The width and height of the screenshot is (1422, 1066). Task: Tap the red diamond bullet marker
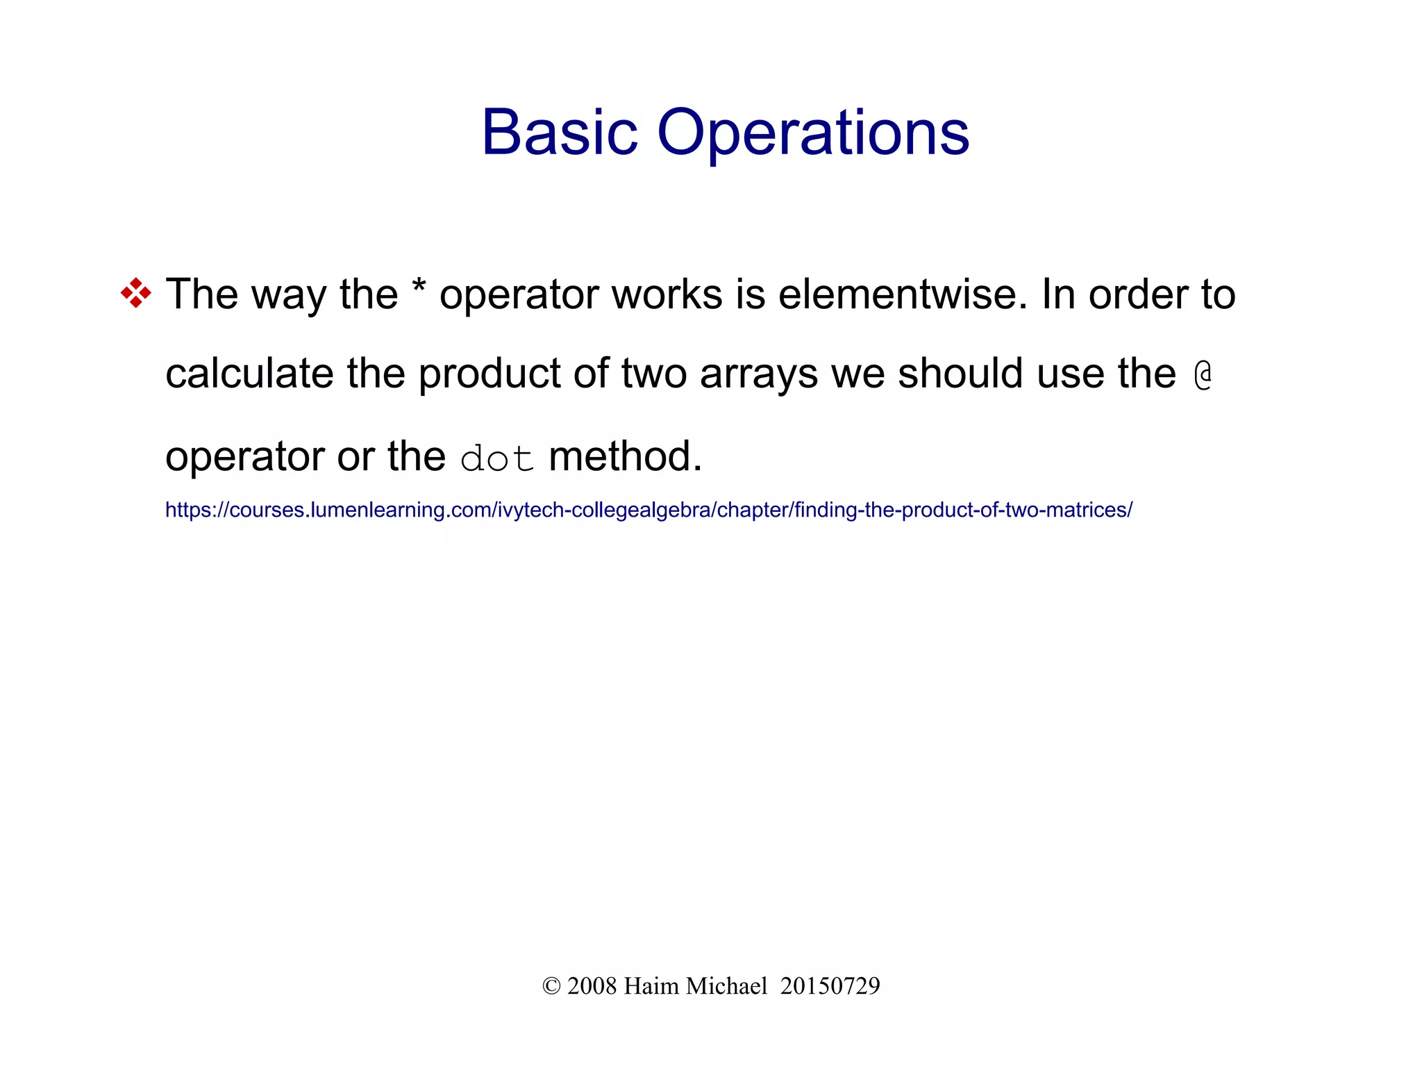tap(135, 294)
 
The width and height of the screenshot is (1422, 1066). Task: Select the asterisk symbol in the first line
tap(419, 287)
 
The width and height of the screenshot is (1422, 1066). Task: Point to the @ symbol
tap(1203, 374)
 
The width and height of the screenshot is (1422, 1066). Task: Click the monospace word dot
tap(497, 458)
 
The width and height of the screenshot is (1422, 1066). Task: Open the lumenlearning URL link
tap(649, 510)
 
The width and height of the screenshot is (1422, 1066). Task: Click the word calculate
tap(249, 374)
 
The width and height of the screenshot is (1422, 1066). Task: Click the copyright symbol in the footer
tap(551, 986)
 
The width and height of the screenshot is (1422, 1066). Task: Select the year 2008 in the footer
tap(592, 986)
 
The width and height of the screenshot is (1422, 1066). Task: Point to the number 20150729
tap(830, 986)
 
